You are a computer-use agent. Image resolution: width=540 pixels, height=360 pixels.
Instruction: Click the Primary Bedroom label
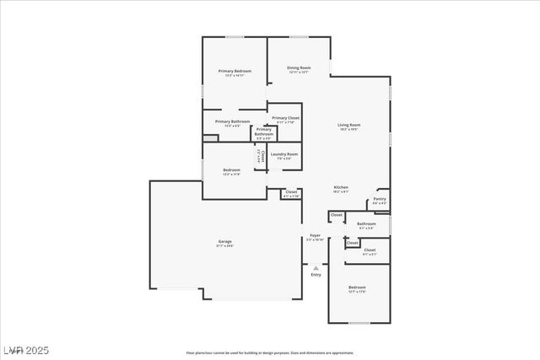(x=235, y=71)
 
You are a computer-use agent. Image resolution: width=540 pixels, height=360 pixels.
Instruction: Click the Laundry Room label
(x=283, y=154)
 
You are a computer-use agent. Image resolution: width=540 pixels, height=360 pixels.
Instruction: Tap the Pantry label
(x=380, y=200)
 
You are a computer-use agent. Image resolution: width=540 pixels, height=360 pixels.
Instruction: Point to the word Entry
(x=316, y=275)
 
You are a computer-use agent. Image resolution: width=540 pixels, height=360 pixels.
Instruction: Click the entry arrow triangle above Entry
(x=316, y=267)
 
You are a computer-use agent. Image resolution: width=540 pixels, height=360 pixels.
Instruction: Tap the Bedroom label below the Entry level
(x=358, y=287)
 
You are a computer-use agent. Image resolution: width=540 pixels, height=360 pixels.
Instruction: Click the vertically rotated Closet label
(x=262, y=155)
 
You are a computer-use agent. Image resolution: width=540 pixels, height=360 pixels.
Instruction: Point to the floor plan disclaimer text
(x=270, y=352)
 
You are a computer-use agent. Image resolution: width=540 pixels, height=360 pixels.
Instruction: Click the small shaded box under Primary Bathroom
(x=210, y=137)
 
